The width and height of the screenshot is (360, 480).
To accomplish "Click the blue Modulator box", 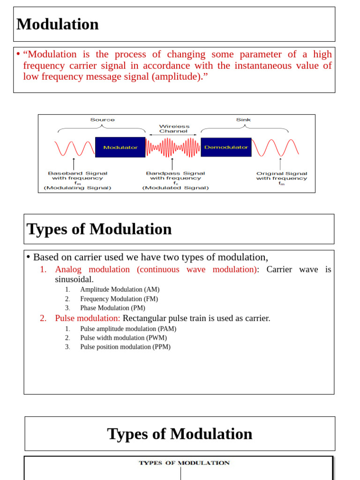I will tap(120, 147).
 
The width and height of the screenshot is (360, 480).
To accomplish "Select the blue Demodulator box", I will tap(226, 147).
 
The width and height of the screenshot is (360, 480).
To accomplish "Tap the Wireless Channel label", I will tap(174, 128).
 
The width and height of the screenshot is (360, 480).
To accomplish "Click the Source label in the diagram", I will tap(102, 120).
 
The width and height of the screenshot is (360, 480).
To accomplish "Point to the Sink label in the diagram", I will tap(243, 120).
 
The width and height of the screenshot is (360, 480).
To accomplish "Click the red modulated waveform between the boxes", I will tap(173, 147).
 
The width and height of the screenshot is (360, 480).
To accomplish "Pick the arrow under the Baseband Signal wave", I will tap(74, 164).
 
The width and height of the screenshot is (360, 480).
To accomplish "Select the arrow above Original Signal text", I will tap(280, 164).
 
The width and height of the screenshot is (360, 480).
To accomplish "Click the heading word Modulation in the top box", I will tap(58, 24).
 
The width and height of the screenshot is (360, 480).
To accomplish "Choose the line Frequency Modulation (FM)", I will tap(119, 299).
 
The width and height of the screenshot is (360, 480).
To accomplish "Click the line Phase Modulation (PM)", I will tap(112, 308).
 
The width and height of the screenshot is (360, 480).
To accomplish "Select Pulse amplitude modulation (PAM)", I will tap(128, 329).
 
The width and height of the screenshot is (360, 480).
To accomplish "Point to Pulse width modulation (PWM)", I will tap(123, 338).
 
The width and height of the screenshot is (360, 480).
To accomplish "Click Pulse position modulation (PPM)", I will tap(125, 347).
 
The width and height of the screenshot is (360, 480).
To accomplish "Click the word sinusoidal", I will tap(74, 279).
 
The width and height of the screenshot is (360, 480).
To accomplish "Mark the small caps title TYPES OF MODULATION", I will tap(184, 463).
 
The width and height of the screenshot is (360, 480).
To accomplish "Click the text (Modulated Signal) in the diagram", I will tap(176, 188).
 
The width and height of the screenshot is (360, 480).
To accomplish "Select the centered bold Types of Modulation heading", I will tap(180, 434).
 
